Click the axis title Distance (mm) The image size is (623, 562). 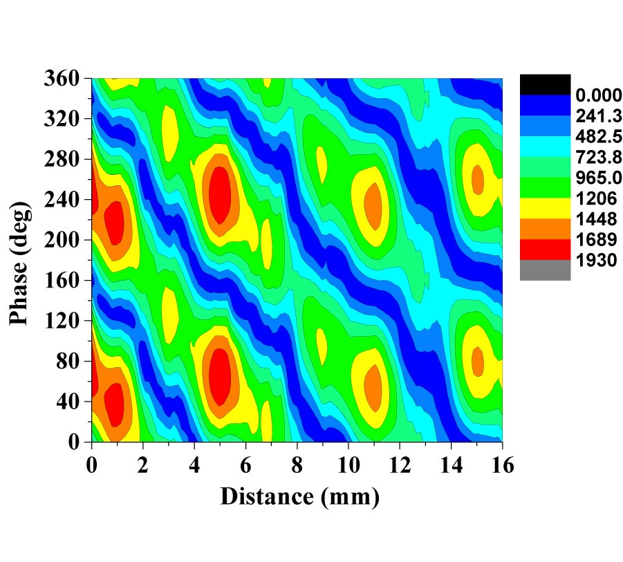pos(299,496)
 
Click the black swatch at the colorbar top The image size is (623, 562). pos(545,84)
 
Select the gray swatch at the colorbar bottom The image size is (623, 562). pos(545,270)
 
